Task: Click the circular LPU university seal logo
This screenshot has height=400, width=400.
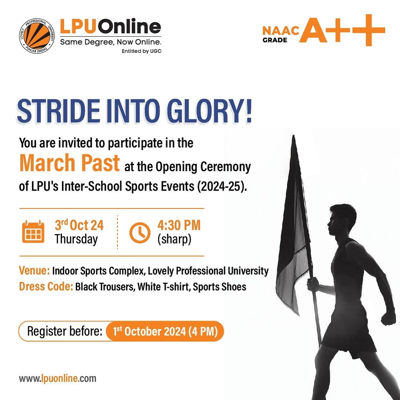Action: [37, 37]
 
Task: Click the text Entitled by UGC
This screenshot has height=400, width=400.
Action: [142, 51]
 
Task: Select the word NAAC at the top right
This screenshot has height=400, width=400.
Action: [280, 31]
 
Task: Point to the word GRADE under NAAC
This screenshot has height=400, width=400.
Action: [275, 40]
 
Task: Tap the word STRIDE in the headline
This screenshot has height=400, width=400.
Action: [58, 111]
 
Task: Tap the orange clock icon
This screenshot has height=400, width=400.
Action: [140, 232]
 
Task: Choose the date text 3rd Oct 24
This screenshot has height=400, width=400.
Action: [79, 225]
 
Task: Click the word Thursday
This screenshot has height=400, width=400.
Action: [76, 239]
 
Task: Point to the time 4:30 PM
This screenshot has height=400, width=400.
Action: [179, 225]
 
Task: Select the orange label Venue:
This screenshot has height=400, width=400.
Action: [34, 270]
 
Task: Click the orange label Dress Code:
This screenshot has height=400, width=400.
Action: [46, 286]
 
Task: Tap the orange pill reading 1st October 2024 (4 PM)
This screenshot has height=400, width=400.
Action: [165, 331]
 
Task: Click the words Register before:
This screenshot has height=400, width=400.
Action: [65, 331]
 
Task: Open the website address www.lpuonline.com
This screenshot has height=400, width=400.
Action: [58, 378]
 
